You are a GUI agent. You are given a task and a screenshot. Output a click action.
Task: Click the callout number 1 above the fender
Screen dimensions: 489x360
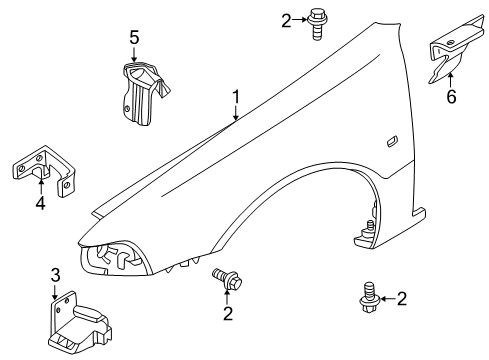click(236, 97)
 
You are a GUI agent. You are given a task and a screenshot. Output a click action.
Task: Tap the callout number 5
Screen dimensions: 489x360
click(134, 38)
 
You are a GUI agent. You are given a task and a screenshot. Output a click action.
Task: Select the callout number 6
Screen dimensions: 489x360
click(451, 97)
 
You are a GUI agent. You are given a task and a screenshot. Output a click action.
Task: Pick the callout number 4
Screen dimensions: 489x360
click(40, 203)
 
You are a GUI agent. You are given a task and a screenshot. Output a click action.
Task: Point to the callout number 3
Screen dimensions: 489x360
click(55, 275)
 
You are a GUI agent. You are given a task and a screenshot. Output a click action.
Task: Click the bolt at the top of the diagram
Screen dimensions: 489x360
click(315, 24)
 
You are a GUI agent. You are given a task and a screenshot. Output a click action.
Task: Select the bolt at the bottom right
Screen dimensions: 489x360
click(368, 297)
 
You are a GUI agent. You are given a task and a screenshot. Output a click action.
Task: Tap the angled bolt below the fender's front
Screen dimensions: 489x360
click(227, 278)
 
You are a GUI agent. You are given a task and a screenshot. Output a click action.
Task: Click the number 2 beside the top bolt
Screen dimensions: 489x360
click(286, 21)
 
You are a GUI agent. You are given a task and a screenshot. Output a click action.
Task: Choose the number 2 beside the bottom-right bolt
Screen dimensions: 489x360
click(402, 299)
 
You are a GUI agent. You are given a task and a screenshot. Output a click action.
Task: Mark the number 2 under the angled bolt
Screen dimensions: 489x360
click(228, 314)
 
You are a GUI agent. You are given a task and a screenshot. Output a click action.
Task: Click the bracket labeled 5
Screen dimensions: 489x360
click(143, 93)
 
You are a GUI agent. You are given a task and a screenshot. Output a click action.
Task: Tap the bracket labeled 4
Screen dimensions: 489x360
click(45, 168)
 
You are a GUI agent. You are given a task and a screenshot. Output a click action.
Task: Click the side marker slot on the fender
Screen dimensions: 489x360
click(392, 141)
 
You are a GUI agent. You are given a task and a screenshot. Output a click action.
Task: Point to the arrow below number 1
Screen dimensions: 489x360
click(236, 113)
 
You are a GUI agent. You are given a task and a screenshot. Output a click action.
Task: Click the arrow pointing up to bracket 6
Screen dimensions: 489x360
click(450, 80)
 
